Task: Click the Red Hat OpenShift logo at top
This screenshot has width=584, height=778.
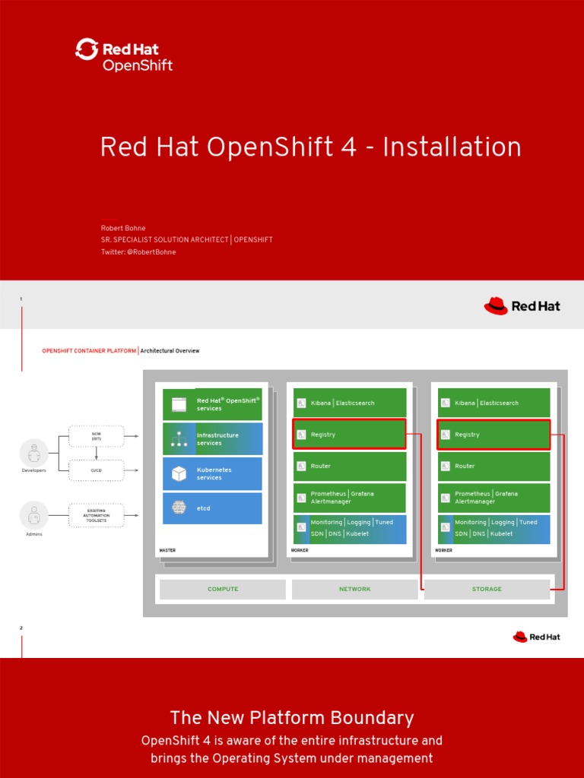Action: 124,55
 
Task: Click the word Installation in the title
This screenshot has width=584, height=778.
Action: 452,147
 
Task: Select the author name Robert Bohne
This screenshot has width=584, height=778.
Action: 123,228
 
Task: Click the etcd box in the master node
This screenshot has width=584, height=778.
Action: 212,508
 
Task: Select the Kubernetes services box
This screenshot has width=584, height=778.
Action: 212,473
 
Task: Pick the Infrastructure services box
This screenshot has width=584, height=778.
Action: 212,439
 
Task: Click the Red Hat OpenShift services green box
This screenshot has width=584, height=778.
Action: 212,404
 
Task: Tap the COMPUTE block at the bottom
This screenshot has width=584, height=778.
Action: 223,590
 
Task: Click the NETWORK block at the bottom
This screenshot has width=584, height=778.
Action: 354,590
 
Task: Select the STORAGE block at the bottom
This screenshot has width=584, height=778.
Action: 487,590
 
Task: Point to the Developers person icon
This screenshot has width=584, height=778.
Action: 33,454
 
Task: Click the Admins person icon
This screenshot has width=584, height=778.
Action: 33,515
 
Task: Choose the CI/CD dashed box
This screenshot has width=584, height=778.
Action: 97,470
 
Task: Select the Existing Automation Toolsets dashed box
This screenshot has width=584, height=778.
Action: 97,515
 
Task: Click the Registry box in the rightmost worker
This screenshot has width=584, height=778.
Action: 493,435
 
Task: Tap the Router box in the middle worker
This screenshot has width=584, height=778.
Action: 349,466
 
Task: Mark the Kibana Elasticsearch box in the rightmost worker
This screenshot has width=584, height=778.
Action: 493,403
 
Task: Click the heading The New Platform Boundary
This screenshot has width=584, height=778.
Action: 292,718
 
